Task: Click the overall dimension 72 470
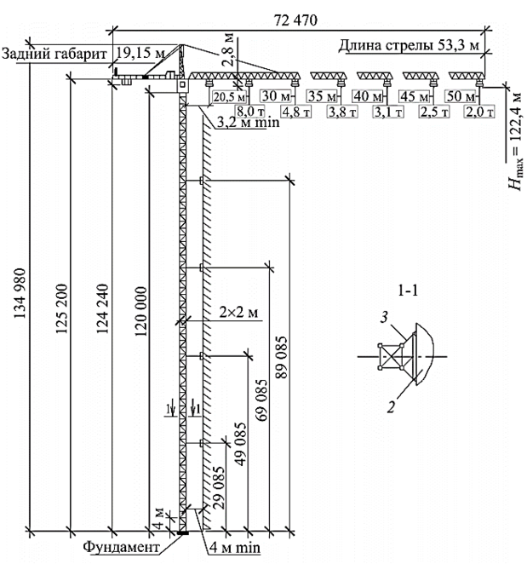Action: tap(296, 20)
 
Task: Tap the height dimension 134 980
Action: tap(20, 294)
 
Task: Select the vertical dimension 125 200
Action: tap(61, 308)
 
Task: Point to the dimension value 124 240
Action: tap(102, 308)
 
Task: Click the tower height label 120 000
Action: tap(141, 311)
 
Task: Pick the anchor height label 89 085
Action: tap(282, 357)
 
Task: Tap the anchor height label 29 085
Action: tap(218, 487)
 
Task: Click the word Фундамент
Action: tap(121, 547)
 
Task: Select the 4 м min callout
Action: tap(235, 548)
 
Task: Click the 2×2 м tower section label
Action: tap(238, 312)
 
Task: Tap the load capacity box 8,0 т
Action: tap(250, 112)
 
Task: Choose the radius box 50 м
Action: tap(461, 96)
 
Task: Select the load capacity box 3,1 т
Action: tap(388, 112)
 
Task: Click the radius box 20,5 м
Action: tap(229, 97)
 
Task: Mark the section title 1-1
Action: tap(408, 291)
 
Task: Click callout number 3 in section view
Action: tap(384, 317)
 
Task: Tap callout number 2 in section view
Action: tap(391, 407)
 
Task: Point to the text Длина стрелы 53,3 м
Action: tap(409, 45)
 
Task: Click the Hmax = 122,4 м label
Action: tap(515, 141)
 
